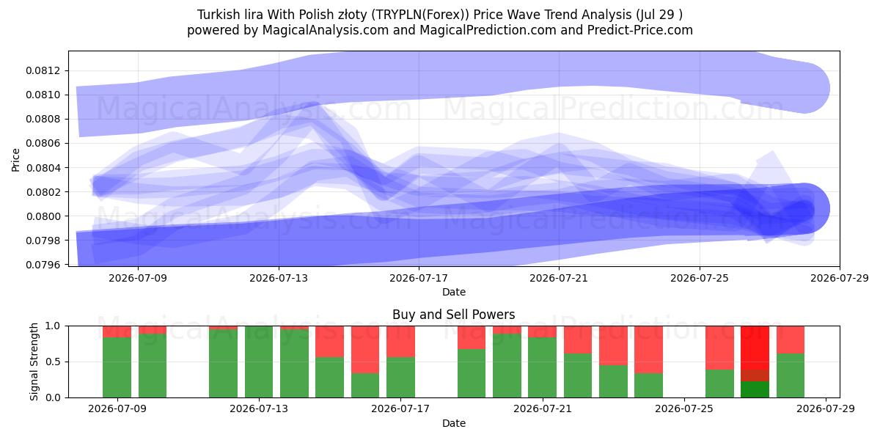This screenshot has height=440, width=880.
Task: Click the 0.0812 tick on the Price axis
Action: [43, 70]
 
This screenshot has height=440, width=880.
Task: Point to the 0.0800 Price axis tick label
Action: [43, 216]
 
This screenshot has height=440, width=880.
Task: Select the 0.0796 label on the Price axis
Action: [43, 265]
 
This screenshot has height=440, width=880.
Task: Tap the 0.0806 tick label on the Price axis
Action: [43, 144]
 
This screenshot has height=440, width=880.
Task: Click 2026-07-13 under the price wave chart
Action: [279, 278]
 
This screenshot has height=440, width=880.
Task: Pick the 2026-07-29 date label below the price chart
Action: [840, 278]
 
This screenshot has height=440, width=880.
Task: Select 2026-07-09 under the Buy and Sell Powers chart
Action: [117, 408]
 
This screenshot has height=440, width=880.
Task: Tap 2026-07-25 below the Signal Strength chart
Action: [684, 408]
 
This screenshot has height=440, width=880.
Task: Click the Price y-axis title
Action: [15, 160]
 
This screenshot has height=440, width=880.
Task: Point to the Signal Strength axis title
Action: [34, 362]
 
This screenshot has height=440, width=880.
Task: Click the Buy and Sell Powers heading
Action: [454, 315]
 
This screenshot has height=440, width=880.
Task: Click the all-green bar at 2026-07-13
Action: [259, 362]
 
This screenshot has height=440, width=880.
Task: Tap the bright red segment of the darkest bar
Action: [755, 348]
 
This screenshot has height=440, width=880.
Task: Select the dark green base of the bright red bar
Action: [755, 389]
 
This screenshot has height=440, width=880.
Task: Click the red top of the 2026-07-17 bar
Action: [400, 342]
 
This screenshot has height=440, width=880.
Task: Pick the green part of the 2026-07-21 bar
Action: [542, 367]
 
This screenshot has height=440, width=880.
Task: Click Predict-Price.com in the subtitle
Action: [640, 30]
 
